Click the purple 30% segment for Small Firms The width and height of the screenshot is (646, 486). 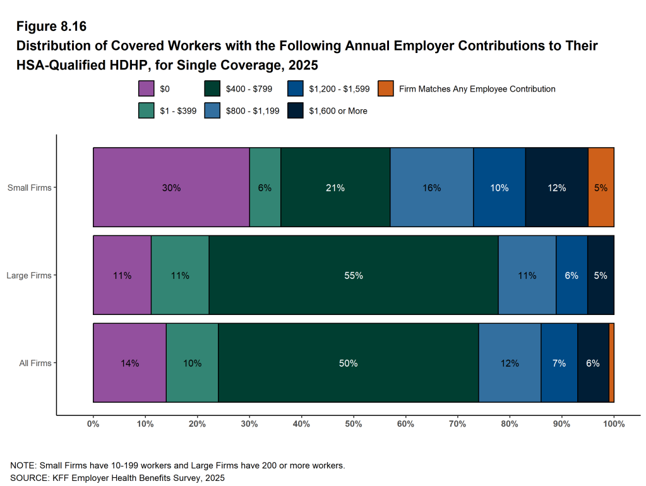click(171, 187)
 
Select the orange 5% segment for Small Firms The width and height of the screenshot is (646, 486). click(601, 187)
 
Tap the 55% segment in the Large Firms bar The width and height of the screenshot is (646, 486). click(354, 275)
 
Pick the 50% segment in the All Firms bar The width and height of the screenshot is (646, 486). click(348, 363)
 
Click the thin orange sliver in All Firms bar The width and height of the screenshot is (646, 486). click(611, 363)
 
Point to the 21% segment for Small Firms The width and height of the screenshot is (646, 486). click(335, 187)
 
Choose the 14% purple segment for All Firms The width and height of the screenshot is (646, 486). click(129, 363)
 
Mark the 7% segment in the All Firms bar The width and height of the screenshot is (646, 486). click(559, 363)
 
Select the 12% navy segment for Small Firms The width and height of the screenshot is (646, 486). click(556, 187)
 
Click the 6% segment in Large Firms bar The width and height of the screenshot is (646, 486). click(571, 275)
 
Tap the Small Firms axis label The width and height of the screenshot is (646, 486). click(29, 187)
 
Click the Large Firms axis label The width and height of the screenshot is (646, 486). click(29, 275)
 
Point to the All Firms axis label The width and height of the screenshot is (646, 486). click(35, 363)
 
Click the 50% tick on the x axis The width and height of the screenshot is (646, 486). click(354, 424)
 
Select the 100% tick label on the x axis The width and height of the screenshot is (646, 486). click(613, 424)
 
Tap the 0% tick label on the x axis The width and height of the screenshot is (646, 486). click(93, 424)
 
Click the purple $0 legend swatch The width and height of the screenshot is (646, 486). click(147, 89)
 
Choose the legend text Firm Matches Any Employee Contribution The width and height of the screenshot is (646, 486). click(477, 89)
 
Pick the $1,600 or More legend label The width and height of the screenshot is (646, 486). click(338, 110)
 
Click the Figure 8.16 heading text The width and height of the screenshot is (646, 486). click(51, 27)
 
